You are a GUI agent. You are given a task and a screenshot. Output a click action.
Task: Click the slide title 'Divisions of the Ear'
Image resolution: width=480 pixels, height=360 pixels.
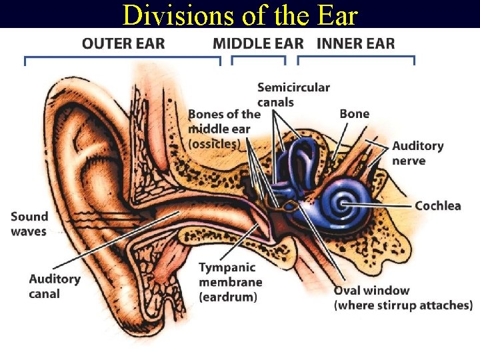point(240,15)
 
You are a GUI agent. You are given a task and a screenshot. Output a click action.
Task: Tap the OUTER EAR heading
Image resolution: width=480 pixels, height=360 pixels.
point(123,44)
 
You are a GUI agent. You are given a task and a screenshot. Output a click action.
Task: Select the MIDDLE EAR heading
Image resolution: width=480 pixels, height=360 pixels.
point(258,44)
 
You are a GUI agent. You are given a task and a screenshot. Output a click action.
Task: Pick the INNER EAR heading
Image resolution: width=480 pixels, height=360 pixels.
point(355,44)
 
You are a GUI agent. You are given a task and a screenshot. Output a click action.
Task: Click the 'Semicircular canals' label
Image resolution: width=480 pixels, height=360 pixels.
point(293,95)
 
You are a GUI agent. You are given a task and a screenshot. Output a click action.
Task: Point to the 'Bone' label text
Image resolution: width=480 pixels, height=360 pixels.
point(354,114)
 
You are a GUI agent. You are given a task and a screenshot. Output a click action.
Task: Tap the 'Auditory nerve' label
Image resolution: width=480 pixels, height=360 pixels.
point(417,153)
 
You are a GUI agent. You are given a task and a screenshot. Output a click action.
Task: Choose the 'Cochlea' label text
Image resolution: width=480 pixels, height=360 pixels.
point(437,205)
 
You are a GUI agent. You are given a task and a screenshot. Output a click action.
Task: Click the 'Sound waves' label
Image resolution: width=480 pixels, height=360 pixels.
point(29,224)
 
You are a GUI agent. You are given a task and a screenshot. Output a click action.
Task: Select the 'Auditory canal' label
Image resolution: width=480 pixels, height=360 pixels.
point(55,286)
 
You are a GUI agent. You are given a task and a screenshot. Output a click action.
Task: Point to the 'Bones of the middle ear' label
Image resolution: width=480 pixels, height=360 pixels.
point(223,129)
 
